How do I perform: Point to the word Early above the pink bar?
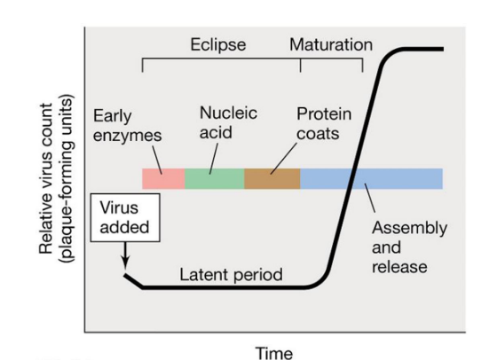111,117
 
